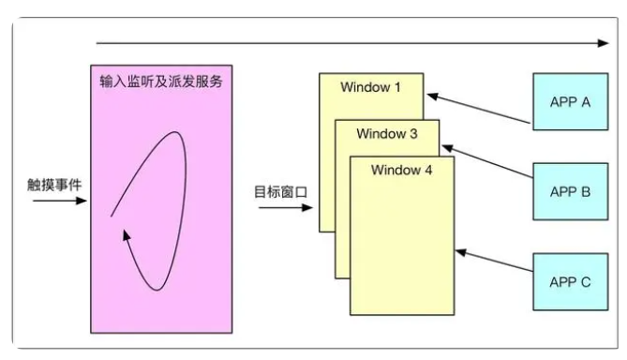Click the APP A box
(569, 102)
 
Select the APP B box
(569, 192)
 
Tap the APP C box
(569, 281)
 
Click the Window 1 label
(370, 88)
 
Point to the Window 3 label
(387, 133)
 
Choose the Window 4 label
(402, 171)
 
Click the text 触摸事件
(54, 184)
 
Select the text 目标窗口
(281, 191)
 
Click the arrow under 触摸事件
(57, 200)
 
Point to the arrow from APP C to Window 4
(496, 264)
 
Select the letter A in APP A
(586, 102)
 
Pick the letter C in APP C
(586, 281)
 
